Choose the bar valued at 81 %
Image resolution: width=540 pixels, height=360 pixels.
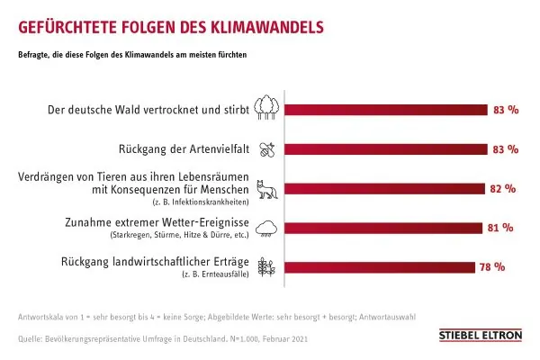[x=382, y=228]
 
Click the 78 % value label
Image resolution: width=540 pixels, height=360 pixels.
[x=492, y=267]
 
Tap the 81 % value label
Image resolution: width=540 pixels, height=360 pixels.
[x=499, y=228]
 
